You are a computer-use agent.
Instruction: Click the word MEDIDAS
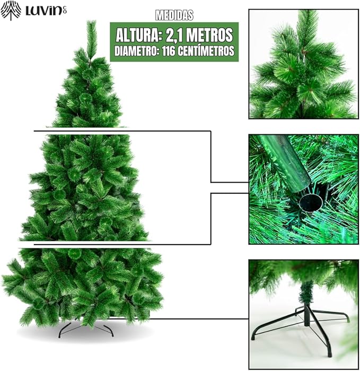click(x=174, y=15)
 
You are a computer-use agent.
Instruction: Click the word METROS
click(x=212, y=35)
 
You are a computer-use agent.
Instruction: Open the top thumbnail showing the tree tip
click(x=304, y=64)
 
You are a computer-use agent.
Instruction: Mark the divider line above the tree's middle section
click(x=122, y=131)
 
